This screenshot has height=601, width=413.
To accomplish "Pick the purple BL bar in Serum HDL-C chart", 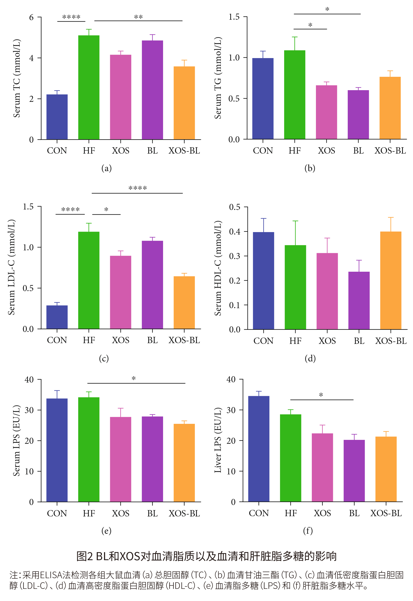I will pyautogui.click(x=359, y=300).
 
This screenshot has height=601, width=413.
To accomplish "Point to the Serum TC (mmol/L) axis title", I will pyautogui.click(x=17, y=78).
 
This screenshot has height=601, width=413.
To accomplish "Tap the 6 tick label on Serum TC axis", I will pyautogui.click(x=31, y=17).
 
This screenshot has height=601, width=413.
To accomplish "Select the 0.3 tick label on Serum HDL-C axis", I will pyautogui.click(x=234, y=256).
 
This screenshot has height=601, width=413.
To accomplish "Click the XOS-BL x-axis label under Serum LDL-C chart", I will pyautogui.click(x=184, y=340).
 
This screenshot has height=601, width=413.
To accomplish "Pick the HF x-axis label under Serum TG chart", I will pyautogui.click(x=295, y=151).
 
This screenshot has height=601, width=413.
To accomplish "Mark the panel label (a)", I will pyautogui.click(x=106, y=168).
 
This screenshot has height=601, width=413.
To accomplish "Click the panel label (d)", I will pyautogui.click(x=310, y=358).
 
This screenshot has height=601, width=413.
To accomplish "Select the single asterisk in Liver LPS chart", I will pyautogui.click(x=321, y=395).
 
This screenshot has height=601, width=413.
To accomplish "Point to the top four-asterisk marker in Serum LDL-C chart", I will pyautogui.click(x=137, y=188).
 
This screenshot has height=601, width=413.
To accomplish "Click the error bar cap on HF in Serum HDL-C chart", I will pyautogui.click(x=295, y=221).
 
